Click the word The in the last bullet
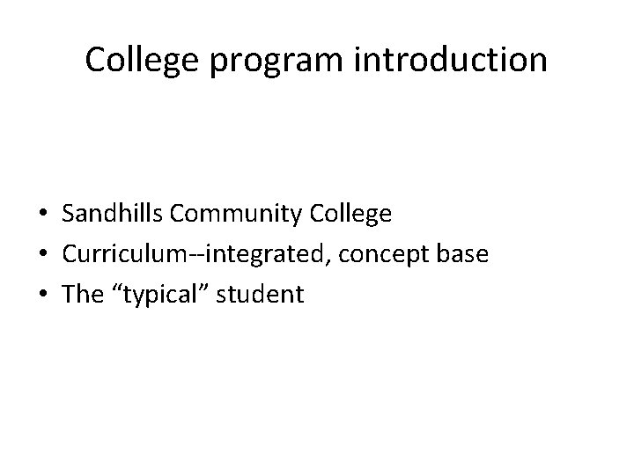84,295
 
